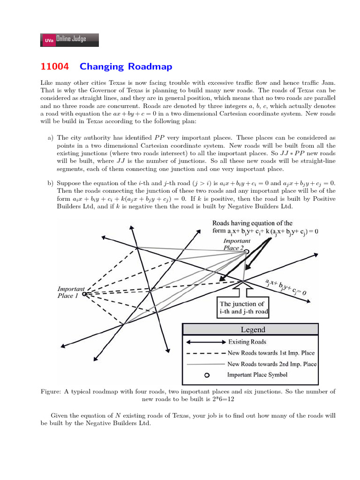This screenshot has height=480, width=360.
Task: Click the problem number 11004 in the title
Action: [54, 67]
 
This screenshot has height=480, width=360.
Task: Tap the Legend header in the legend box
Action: [253, 330]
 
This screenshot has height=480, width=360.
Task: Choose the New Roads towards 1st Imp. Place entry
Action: [271, 352]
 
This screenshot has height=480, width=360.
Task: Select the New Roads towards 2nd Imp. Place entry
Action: [271, 364]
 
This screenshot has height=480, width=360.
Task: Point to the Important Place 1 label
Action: [71, 292]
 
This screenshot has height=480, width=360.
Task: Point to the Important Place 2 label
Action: [237, 244]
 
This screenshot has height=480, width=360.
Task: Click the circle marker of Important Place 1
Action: [84, 294]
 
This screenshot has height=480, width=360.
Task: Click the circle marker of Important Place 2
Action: [246, 252]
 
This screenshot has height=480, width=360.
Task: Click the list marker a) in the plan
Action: [50, 138]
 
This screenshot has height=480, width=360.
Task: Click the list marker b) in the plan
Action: [50, 183]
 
